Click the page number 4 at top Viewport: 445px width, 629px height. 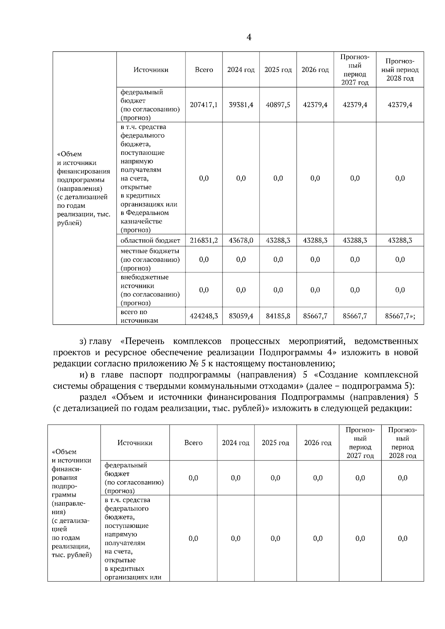pos(249,37)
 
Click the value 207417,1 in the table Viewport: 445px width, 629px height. pos(204,105)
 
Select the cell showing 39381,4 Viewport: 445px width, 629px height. pos(241,105)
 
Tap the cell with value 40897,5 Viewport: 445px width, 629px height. pos(278,105)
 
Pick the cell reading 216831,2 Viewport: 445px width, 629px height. pos(204,240)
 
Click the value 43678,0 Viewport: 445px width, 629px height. pos(241,240)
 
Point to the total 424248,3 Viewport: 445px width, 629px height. pos(204,316)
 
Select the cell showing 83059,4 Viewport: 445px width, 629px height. pos(241,316)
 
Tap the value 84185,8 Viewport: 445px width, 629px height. pos(278,316)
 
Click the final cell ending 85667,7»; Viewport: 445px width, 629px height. pos(400,316)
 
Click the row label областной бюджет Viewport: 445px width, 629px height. pos(150,240)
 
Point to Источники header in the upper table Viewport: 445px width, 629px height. pos(151,70)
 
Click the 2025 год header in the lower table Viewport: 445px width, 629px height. pos(275,443)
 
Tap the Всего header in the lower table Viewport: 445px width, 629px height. pos(193,443)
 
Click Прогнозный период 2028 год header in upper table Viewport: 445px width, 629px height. pos(400,70)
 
